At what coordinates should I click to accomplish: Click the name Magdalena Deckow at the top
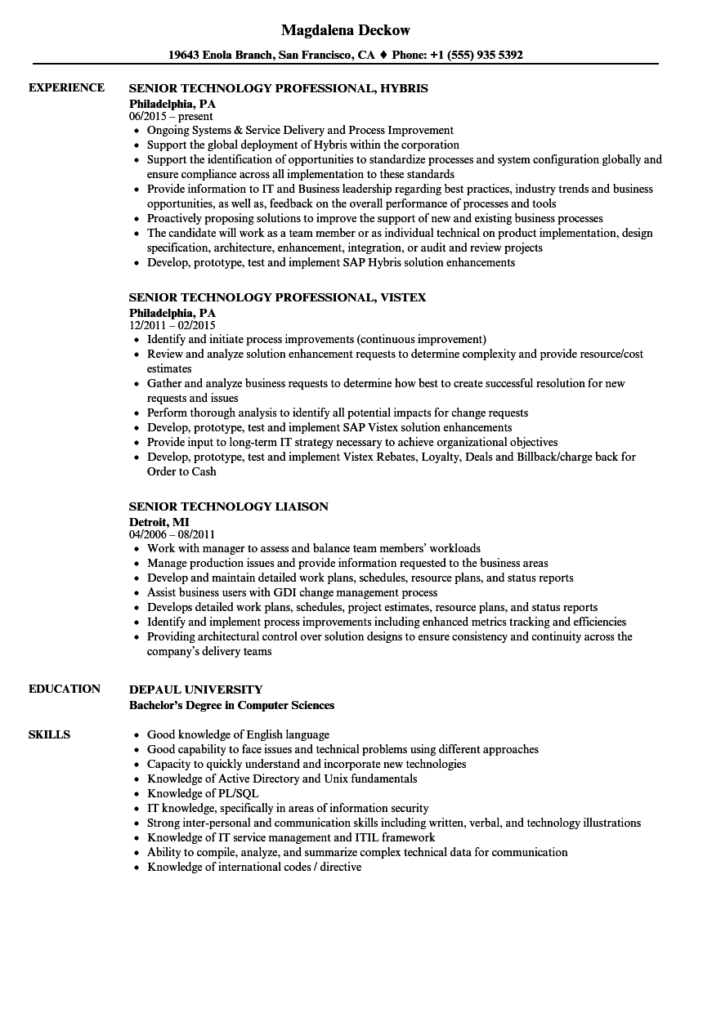click(346, 30)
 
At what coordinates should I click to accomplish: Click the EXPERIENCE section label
click(66, 87)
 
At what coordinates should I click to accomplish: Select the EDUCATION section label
click(65, 689)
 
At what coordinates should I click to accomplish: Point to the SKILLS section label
click(49, 734)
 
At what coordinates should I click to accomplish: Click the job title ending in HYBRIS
click(279, 88)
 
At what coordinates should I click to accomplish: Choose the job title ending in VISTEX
click(278, 297)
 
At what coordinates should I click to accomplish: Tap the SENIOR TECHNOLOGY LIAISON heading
click(229, 506)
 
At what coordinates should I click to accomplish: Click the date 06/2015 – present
click(171, 116)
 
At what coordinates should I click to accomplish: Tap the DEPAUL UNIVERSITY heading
click(196, 689)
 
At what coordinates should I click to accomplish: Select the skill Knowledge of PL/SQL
click(203, 793)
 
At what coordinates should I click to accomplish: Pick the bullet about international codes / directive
click(253, 867)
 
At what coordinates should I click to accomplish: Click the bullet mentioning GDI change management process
click(292, 592)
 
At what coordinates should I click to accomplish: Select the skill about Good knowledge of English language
click(238, 734)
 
